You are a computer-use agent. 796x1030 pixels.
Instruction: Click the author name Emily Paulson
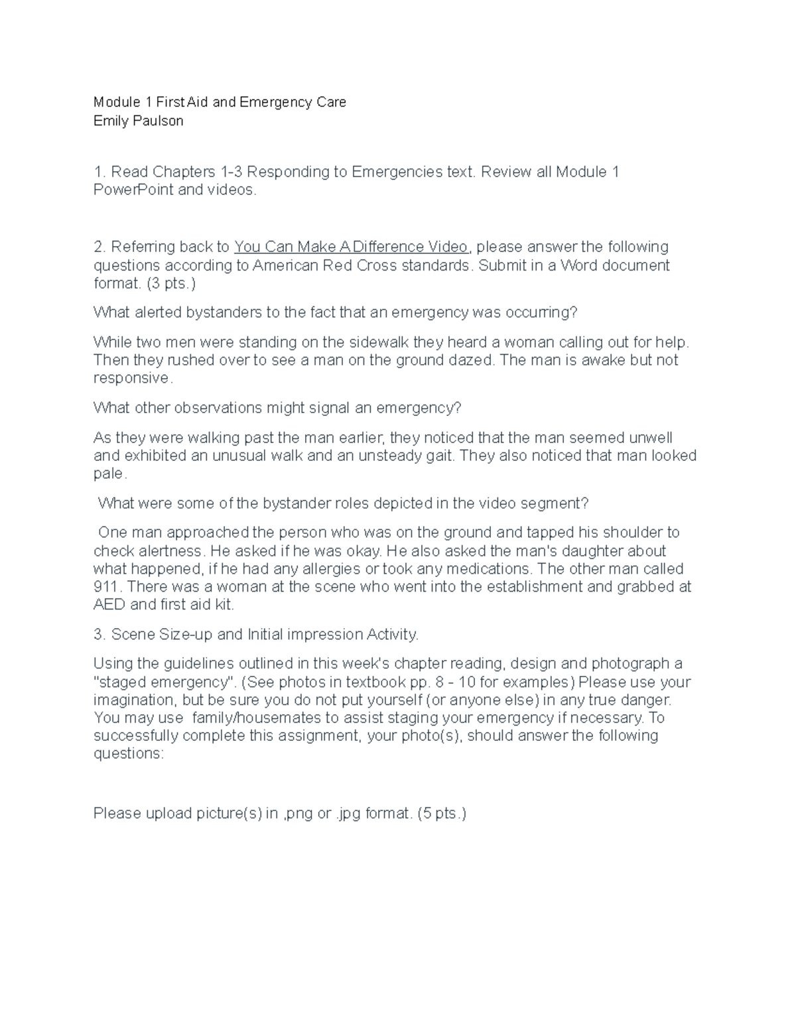click(138, 121)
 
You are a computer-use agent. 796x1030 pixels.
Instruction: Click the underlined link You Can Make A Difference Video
click(352, 247)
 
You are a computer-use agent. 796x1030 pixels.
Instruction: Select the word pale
click(109, 474)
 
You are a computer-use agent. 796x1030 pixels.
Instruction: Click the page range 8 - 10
click(442, 682)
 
